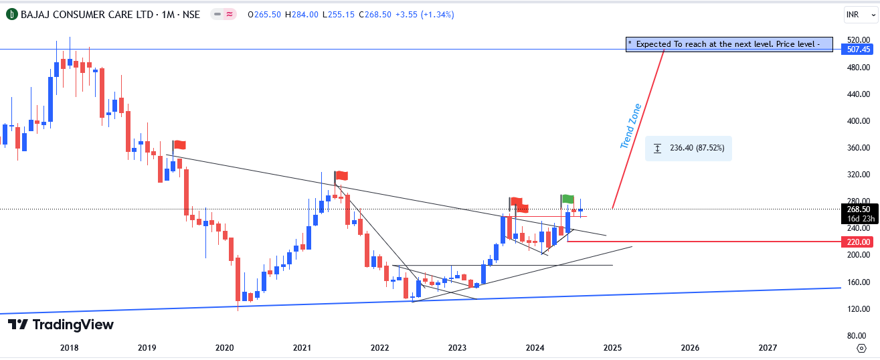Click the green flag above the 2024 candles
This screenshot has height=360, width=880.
point(567,199)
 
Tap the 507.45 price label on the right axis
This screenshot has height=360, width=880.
point(858,49)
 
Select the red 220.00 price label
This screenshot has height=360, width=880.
point(858,242)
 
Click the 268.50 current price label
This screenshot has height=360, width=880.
point(858,209)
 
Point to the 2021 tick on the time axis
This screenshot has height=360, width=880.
point(302,347)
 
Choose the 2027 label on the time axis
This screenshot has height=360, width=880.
point(768,347)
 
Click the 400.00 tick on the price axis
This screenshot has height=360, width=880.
point(857,121)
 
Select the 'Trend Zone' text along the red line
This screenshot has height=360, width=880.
point(630,126)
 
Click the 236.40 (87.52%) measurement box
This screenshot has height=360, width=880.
point(689,148)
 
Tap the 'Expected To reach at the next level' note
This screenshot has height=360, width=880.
point(729,44)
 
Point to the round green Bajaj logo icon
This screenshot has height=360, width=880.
point(11,14)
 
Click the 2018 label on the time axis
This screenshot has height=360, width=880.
point(69,347)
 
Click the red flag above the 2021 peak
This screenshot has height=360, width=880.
point(341,176)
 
